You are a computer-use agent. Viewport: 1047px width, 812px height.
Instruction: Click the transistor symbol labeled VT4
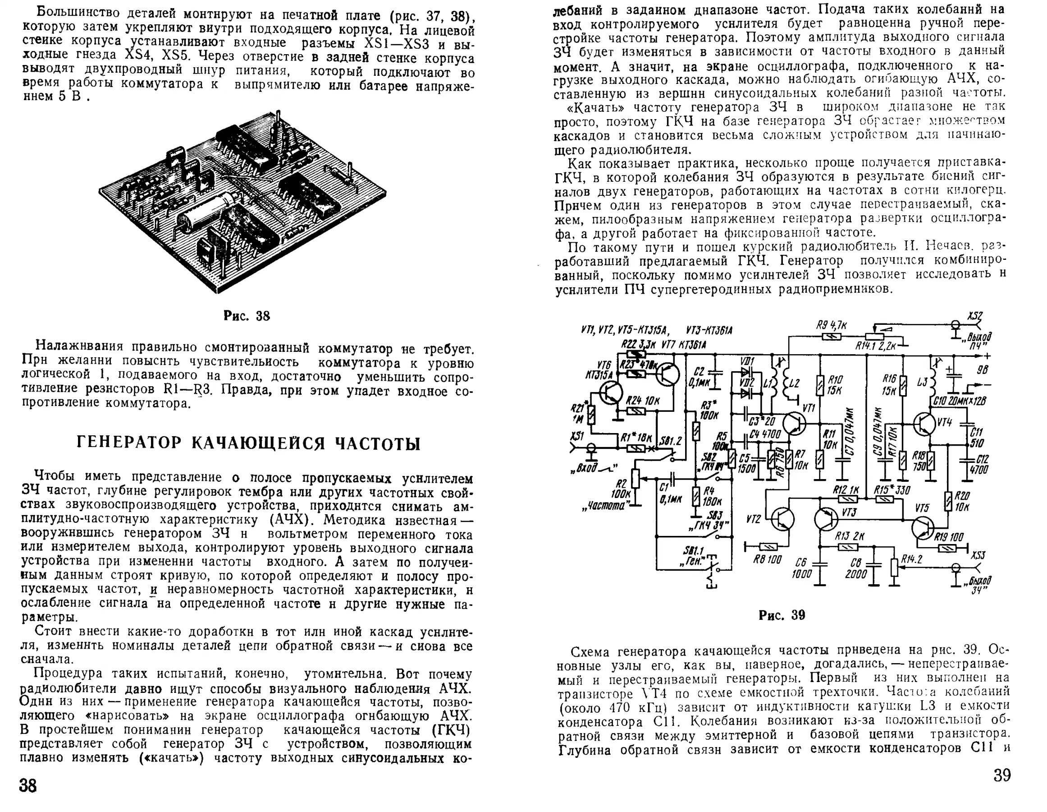(x=924, y=424)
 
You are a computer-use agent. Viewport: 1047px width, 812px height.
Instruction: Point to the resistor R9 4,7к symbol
(x=831, y=337)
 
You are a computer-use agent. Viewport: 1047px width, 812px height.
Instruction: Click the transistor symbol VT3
(x=828, y=519)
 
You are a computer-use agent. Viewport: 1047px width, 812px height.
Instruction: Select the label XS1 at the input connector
(x=577, y=436)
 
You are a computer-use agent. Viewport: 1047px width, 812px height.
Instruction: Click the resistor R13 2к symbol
(x=848, y=547)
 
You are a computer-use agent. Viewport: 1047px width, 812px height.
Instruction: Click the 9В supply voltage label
(x=983, y=370)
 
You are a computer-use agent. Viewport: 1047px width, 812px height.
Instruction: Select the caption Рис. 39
(x=782, y=615)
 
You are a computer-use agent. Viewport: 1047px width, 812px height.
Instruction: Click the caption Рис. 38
(x=247, y=316)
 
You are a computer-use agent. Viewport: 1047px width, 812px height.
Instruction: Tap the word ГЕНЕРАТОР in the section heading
(x=129, y=443)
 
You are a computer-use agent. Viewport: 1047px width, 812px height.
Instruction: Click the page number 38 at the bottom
(x=28, y=785)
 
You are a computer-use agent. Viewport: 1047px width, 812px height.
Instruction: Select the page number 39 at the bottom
(x=1001, y=775)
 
